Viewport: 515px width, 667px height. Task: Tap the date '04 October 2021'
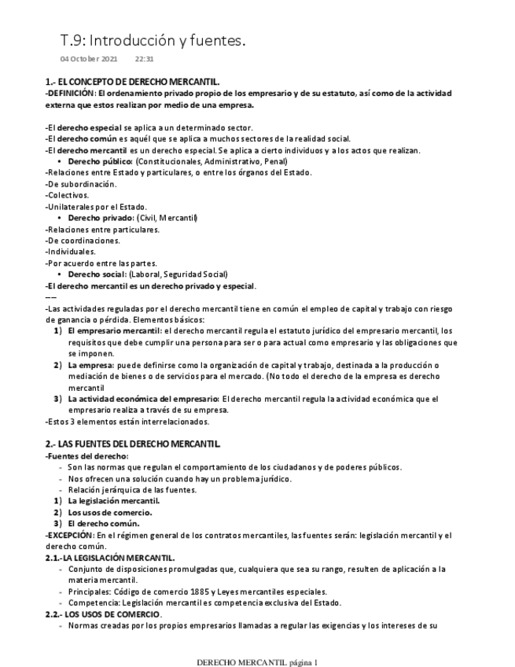tap(89, 59)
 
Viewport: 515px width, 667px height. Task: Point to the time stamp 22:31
tap(144, 59)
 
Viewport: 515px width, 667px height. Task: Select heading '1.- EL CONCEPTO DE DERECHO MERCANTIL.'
tap(132, 82)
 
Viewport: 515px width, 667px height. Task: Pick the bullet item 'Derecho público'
tap(101, 161)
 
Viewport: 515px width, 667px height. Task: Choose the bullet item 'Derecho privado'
tap(101, 218)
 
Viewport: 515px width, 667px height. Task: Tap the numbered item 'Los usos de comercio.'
tap(109, 512)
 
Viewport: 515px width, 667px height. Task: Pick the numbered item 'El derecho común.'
tap(104, 524)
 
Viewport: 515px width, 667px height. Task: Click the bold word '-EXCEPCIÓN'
tap(69, 535)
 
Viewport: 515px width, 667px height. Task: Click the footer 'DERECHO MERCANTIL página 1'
tap(256, 662)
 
